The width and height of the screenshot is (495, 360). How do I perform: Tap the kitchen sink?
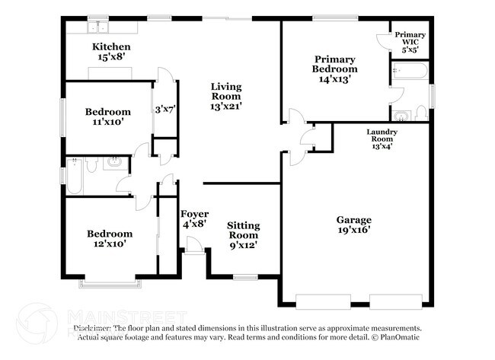click(x=99, y=28)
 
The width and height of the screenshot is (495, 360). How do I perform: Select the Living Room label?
click(x=226, y=96)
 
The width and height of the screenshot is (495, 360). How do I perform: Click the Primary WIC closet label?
click(x=409, y=41)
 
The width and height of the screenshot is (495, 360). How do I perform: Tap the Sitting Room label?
click(x=243, y=235)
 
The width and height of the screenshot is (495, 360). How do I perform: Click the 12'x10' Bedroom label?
click(x=109, y=239)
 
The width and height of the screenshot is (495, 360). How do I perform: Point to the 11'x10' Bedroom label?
click(x=107, y=116)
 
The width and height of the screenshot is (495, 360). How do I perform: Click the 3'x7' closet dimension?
click(x=165, y=109)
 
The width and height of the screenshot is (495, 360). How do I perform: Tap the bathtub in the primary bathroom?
click(x=410, y=74)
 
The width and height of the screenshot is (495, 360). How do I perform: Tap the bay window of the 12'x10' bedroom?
click(x=107, y=284)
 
